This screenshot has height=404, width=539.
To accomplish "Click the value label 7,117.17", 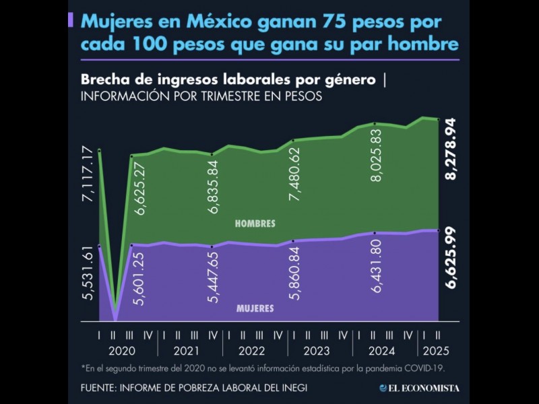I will pyautogui.click(x=87, y=177).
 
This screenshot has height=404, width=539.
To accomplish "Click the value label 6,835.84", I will pyautogui.click(x=214, y=187).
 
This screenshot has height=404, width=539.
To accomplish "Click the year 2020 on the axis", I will pyautogui.click(x=122, y=351).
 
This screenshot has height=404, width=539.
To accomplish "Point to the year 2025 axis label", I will pyautogui.click(x=435, y=351).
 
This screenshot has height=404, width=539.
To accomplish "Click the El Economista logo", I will pyautogui.click(x=419, y=388).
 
